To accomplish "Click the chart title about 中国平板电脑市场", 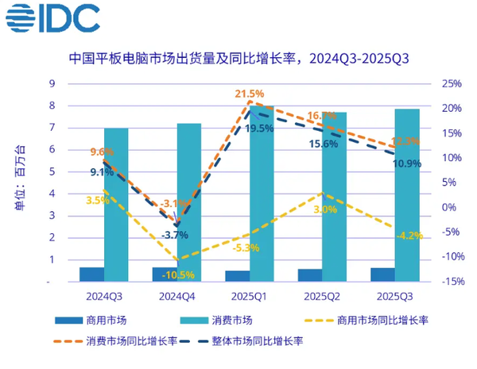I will pos(238,59).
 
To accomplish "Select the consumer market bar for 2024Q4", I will pos(188,202).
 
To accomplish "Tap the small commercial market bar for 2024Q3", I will pos(91,274).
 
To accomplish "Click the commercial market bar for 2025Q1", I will pos(237,276).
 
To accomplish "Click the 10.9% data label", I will pos(407,163).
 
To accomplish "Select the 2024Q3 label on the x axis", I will pos(104,295).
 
